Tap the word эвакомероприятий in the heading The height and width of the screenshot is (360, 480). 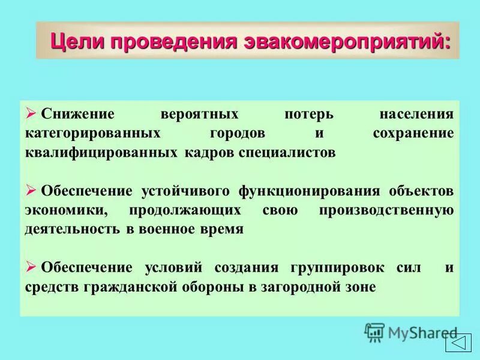pyautogui.click(x=347, y=41)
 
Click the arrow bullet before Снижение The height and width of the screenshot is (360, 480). pyautogui.click(x=32, y=113)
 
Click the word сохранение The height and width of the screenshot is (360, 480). pyautogui.click(x=413, y=133)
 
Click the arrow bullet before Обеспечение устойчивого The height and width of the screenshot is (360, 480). pyautogui.click(x=32, y=190)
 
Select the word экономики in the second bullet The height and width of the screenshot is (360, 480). pyautogui.click(x=65, y=210)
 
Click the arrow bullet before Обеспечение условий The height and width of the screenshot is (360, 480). pyautogui.click(x=32, y=266)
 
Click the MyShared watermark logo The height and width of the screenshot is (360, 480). pyautogui.click(x=410, y=331)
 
